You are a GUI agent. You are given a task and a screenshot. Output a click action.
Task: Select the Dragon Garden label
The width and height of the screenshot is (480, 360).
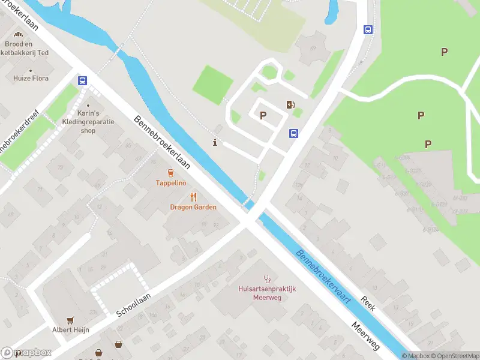tap(193, 207)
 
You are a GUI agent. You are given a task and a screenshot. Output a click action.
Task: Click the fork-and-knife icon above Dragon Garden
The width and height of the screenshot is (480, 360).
tap(193, 197)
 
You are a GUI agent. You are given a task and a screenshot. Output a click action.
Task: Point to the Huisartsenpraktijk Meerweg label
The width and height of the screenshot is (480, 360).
tap(267, 293)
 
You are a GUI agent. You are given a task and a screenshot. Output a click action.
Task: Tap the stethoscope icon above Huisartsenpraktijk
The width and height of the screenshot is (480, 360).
tap(267, 279)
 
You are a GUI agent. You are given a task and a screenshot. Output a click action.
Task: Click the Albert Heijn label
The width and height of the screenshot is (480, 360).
tap(70, 329)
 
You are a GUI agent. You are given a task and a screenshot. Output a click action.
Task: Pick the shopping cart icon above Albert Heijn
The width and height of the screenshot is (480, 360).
tap(70, 320)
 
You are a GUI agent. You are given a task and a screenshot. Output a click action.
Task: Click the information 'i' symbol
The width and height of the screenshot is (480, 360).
tap(215, 142)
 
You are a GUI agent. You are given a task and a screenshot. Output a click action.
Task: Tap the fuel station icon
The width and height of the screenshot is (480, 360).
tap(291, 105)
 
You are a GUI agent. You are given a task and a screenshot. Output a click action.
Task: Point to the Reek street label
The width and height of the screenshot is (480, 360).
tap(368, 304)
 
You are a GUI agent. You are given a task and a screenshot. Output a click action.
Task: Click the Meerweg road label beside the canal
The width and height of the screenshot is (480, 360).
tap(365, 336)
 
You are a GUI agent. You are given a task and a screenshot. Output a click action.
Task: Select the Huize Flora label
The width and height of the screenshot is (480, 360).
tap(32, 78)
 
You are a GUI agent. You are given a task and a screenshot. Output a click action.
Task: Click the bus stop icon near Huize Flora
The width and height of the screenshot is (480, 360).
tap(82, 81)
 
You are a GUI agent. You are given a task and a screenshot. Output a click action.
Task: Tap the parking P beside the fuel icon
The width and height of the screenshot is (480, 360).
tap(263, 115)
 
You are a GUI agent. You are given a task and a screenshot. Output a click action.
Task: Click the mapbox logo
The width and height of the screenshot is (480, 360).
tap(26, 353)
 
